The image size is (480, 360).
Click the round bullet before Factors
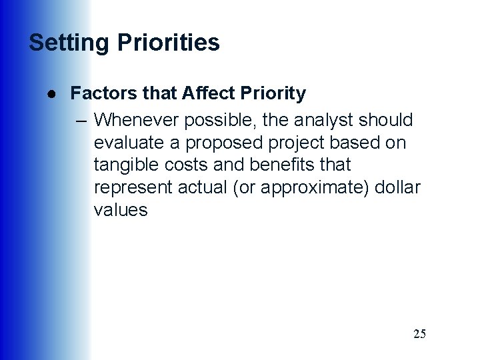[51, 94]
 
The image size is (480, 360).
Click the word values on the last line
[121, 210]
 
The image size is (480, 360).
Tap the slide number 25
[419, 334]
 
